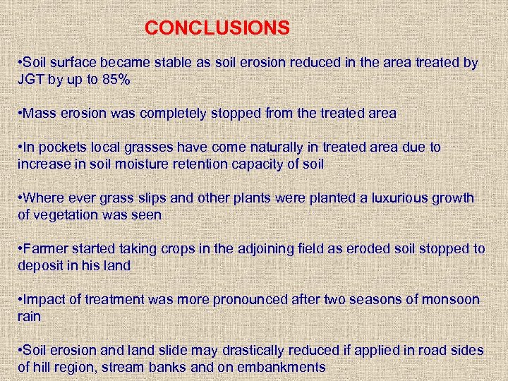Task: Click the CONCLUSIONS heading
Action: (x=217, y=28)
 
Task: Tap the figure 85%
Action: (x=116, y=80)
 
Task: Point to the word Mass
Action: (x=40, y=113)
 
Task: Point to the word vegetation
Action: (x=66, y=215)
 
